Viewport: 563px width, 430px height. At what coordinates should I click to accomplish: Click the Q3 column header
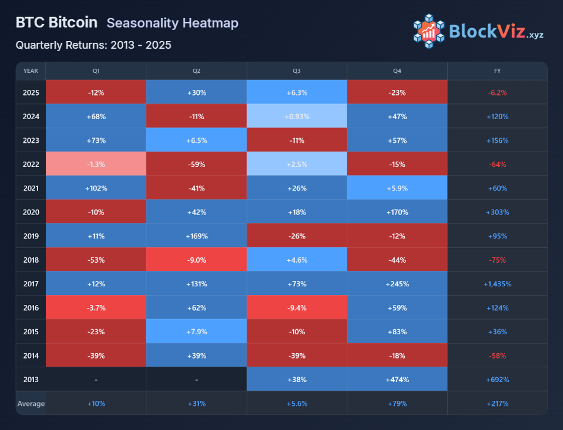pos(297,71)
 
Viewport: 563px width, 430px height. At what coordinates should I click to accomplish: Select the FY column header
pos(497,71)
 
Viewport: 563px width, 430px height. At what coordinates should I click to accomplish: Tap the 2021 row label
pos(31,188)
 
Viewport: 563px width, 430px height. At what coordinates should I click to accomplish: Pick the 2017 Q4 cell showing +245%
pos(397,284)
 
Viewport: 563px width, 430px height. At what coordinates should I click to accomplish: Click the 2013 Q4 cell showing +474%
pos(397,379)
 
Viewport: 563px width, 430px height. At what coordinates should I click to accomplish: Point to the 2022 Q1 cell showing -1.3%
pos(96,164)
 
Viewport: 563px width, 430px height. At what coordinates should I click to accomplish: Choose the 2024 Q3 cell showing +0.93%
pos(297,117)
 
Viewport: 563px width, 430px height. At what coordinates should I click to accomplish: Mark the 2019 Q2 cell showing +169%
pos(197,236)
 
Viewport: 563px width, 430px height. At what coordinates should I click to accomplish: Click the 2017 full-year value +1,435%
pos(497,284)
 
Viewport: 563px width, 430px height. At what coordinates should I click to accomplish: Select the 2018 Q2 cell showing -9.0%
pos(197,260)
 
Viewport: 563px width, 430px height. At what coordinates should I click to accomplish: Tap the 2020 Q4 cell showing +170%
pos(397,212)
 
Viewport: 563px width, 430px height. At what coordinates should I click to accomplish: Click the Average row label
pos(31,403)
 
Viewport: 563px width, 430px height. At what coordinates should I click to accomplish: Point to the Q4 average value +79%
pos(397,403)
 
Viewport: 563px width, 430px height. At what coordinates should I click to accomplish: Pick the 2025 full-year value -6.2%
pos(497,92)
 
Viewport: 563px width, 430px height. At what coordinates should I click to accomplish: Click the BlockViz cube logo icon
pos(429,31)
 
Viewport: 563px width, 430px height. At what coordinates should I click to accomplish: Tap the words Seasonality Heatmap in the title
pos(172,23)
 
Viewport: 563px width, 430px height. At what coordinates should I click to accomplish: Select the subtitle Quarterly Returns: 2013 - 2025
pos(93,45)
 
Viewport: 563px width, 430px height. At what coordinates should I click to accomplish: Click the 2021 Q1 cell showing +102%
pos(96,188)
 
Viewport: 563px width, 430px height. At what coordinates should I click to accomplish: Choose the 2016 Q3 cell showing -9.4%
pos(297,308)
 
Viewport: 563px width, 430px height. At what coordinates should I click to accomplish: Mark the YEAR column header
pos(31,71)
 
